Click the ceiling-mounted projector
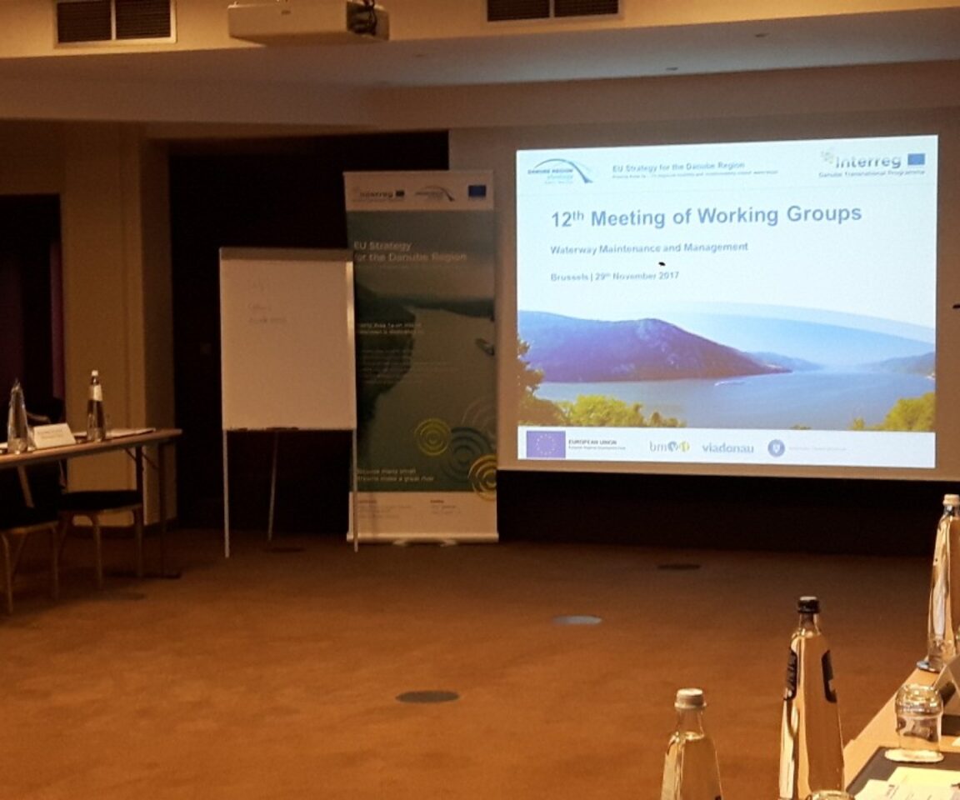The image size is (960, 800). coord(308,20)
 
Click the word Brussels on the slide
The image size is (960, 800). coord(568,277)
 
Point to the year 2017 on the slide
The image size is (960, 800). coord(665,275)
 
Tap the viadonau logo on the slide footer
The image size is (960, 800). coord(727,448)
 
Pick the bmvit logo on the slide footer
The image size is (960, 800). coord(669,447)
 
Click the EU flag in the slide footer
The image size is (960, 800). coord(545,444)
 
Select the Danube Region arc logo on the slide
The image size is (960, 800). coord(561,170)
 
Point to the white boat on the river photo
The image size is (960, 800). coord(731,382)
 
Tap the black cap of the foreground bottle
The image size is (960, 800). coord(808,605)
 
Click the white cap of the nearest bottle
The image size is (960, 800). coord(690,698)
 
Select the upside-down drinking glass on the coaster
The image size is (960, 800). coord(918,721)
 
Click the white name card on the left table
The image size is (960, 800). coord(53,436)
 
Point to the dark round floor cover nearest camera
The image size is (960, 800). coord(427,696)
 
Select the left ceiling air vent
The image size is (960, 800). coord(115,21)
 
